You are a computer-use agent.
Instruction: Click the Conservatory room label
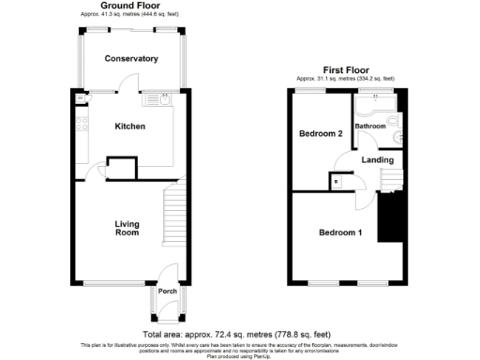point(131,59)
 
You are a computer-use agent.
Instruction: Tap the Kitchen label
point(129,126)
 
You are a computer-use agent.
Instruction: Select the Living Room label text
point(127,228)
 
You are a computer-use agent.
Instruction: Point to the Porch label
point(167,292)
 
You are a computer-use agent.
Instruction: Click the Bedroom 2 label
point(320,134)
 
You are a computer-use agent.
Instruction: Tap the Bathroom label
point(371,127)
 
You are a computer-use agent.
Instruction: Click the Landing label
point(376,159)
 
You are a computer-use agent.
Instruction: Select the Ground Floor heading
point(128,6)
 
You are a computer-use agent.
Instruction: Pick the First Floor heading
point(345,69)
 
